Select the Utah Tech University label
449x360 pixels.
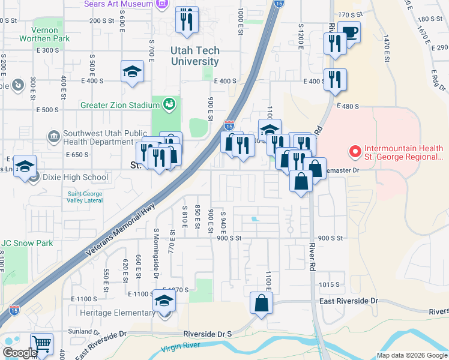(194, 56)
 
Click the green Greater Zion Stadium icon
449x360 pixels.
(170, 104)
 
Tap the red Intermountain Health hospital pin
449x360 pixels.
(354, 150)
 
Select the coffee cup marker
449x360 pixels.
(349, 32)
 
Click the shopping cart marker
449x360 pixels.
(41, 344)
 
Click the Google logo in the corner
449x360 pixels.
(19, 353)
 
